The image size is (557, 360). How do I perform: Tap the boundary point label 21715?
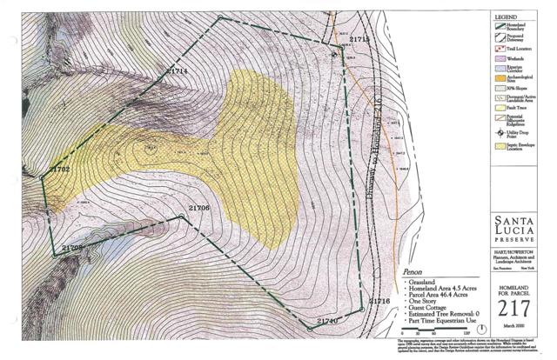coord(358,40)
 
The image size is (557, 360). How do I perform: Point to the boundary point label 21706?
coord(199,208)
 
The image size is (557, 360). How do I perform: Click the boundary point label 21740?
coord(326,321)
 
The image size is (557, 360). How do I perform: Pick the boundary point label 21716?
coord(379,301)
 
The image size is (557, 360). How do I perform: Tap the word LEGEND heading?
coord(511,17)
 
